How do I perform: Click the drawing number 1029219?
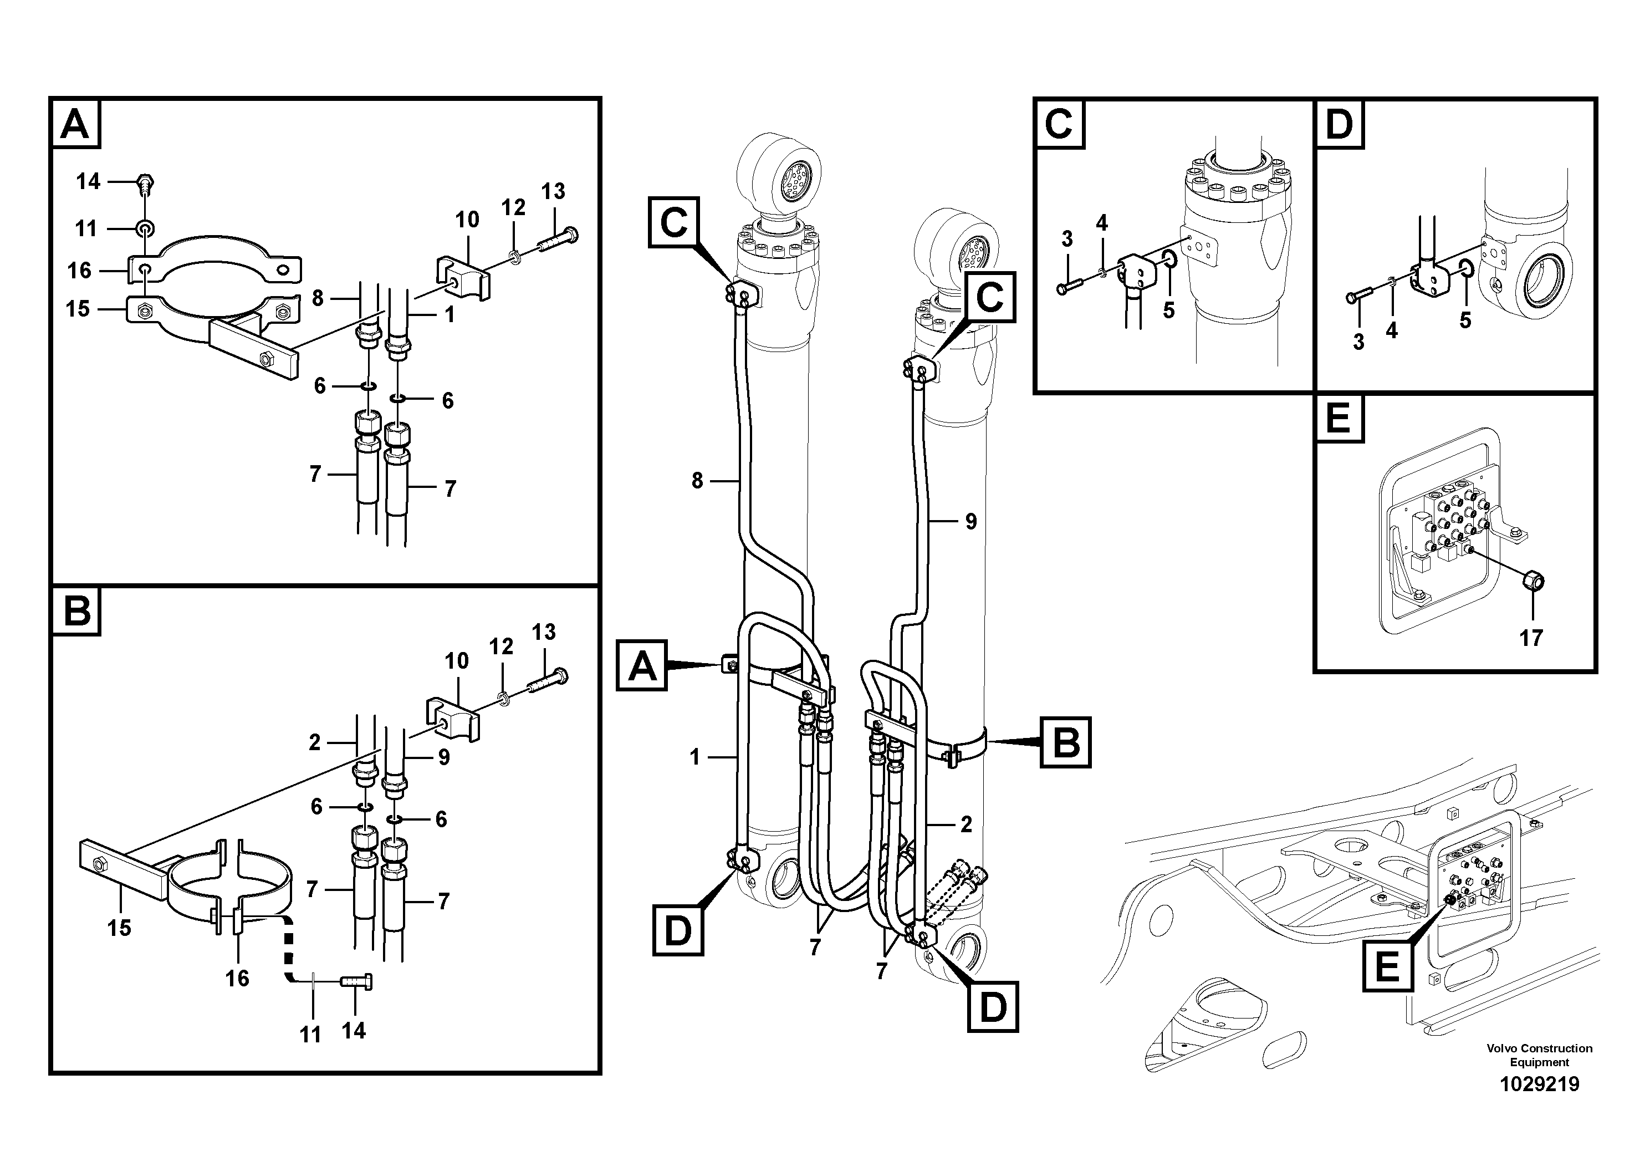[x=1539, y=1084]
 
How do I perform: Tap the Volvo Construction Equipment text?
[x=1539, y=1055]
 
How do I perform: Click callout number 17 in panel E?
[x=1531, y=638]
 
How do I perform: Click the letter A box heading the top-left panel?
[x=75, y=124]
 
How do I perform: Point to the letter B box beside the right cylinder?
[x=1065, y=742]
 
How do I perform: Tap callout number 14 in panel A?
[x=88, y=181]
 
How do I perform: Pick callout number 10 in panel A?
[x=467, y=220]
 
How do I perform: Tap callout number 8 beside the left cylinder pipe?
[x=696, y=480]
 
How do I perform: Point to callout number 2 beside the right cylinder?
[x=966, y=824]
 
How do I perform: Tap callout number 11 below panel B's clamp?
[x=310, y=1035]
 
